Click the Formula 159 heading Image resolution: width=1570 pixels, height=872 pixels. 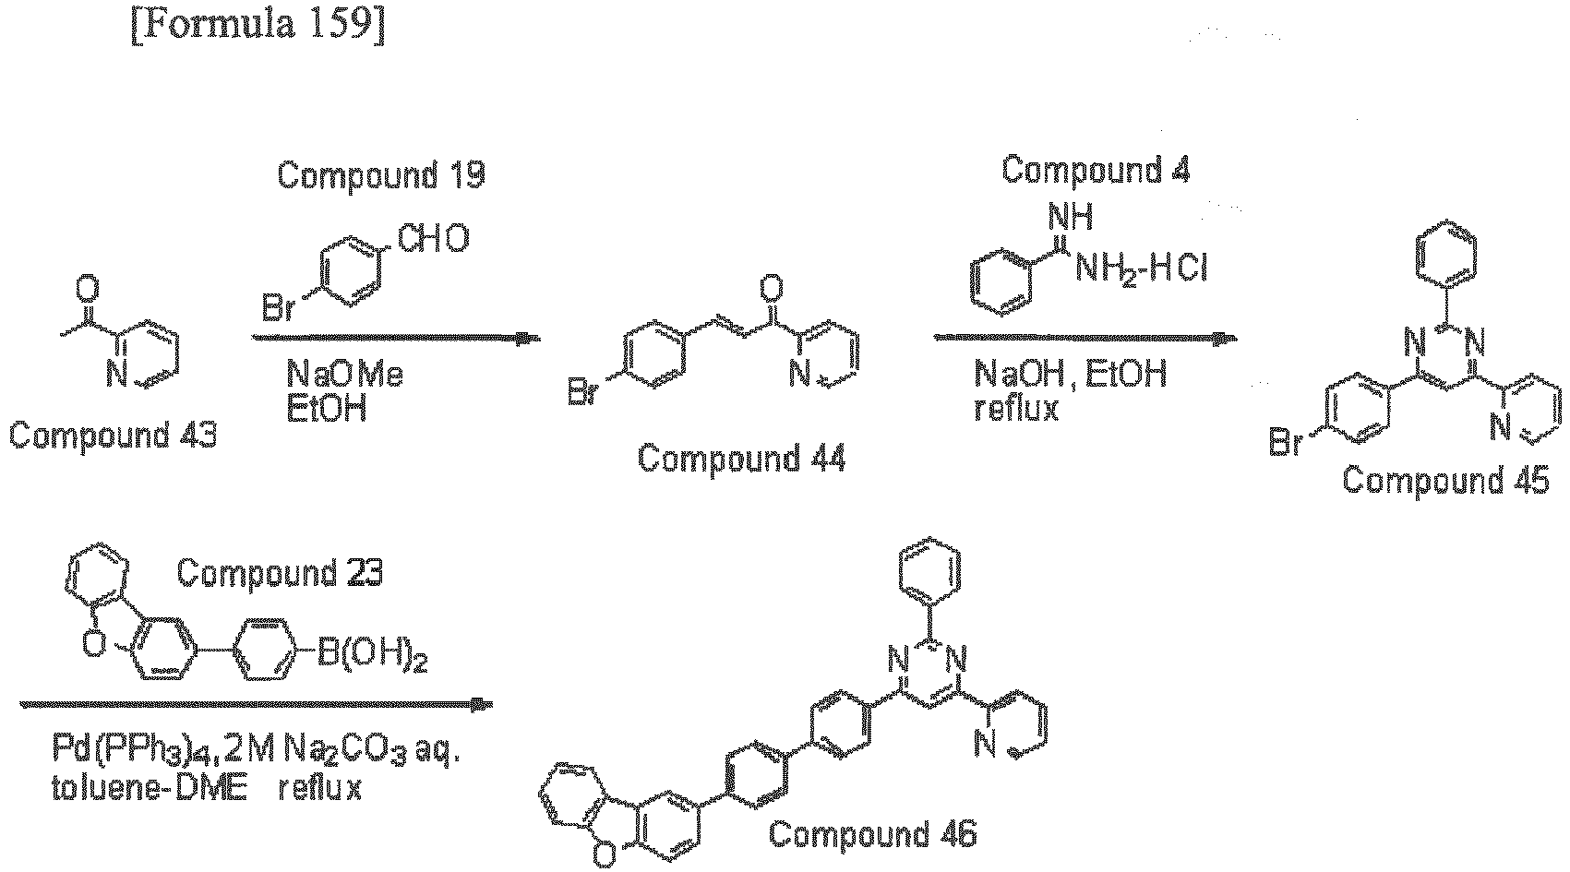click(x=258, y=26)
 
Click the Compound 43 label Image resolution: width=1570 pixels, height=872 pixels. click(x=114, y=436)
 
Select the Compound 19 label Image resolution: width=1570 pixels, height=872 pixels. click(x=381, y=174)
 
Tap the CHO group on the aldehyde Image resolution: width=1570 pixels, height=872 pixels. click(x=434, y=238)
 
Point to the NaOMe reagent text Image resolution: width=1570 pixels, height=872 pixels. click(x=345, y=375)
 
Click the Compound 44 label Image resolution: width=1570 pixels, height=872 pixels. click(x=741, y=460)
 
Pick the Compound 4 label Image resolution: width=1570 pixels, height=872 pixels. click(x=1096, y=171)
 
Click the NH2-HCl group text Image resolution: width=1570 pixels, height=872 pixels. click(x=1142, y=268)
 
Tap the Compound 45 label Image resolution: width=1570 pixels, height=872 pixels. click(x=1446, y=481)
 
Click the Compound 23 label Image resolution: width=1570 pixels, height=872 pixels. click(x=280, y=573)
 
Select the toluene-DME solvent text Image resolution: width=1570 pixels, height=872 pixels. click(x=150, y=789)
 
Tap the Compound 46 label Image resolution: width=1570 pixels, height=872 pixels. click(x=872, y=834)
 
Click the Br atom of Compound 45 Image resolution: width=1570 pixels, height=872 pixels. click(x=1286, y=443)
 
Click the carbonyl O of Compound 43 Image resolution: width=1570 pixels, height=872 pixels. click(x=87, y=288)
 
